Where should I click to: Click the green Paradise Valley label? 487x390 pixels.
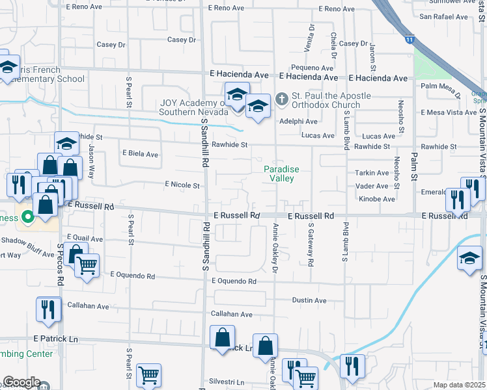(x=281, y=174)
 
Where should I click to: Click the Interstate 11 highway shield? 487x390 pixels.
(x=408, y=40)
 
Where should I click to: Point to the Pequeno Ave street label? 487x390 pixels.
(x=313, y=68)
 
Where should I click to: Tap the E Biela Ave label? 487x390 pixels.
(x=140, y=155)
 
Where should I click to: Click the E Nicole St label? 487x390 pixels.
(x=182, y=185)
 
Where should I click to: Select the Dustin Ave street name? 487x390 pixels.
(x=309, y=300)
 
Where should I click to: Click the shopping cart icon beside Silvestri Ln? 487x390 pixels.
(x=148, y=375)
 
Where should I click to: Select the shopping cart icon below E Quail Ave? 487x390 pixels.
(x=87, y=265)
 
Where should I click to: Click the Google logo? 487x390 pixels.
(x=21, y=382)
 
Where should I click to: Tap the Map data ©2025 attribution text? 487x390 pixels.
(x=458, y=385)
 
